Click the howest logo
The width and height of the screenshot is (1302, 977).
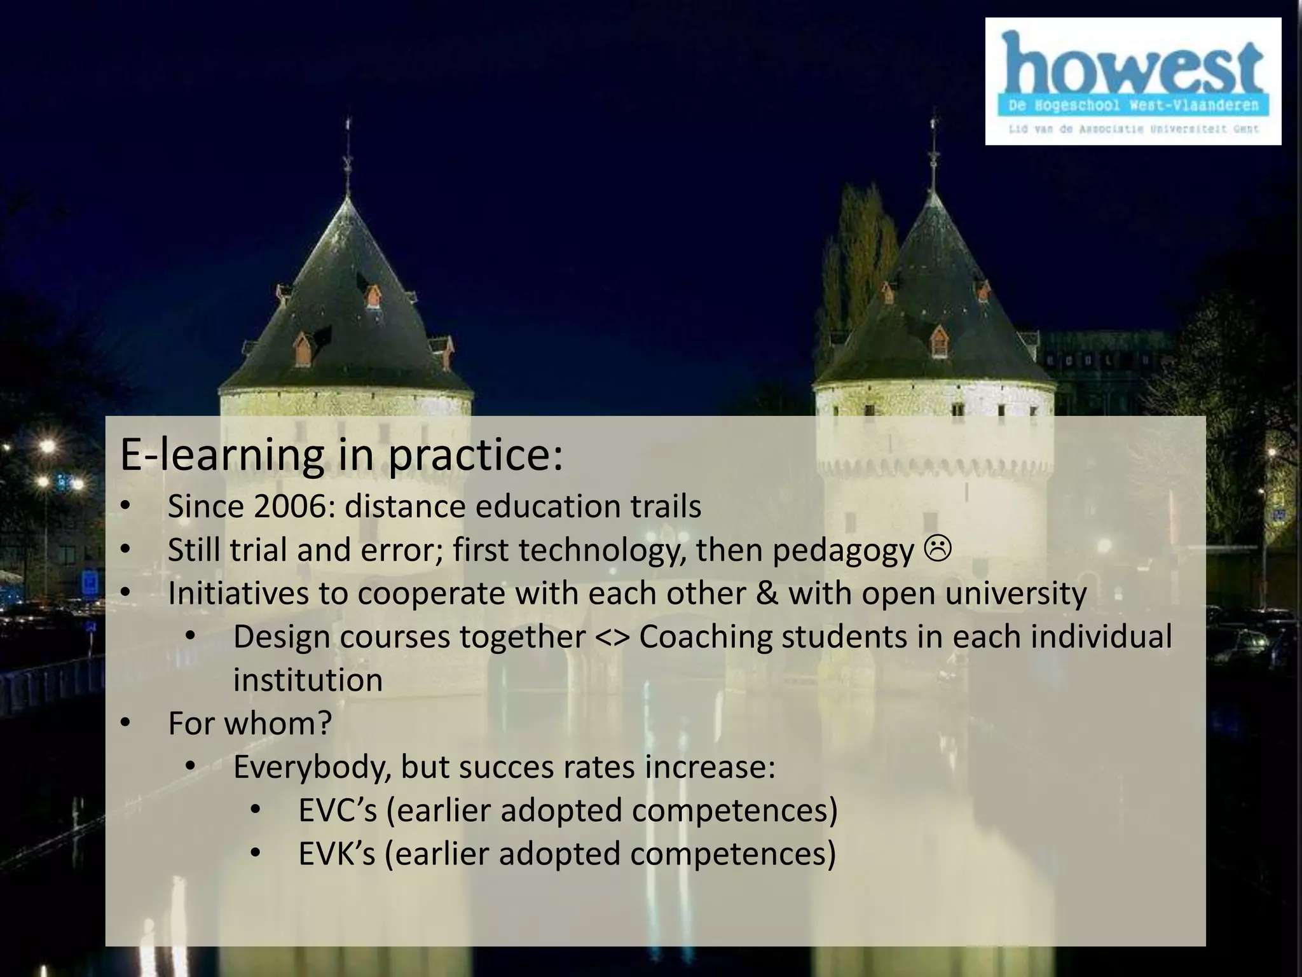point(1133,81)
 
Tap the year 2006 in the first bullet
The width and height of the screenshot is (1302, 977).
point(290,507)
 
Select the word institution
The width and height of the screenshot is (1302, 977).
point(308,680)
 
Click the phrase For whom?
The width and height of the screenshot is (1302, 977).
point(250,724)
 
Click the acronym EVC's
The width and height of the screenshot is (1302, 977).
point(338,810)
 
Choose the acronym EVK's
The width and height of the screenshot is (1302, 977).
point(337,854)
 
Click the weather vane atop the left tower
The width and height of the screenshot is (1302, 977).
point(347,162)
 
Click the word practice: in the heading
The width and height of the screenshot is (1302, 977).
point(475,455)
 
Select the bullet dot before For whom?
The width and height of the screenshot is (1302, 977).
point(125,724)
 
